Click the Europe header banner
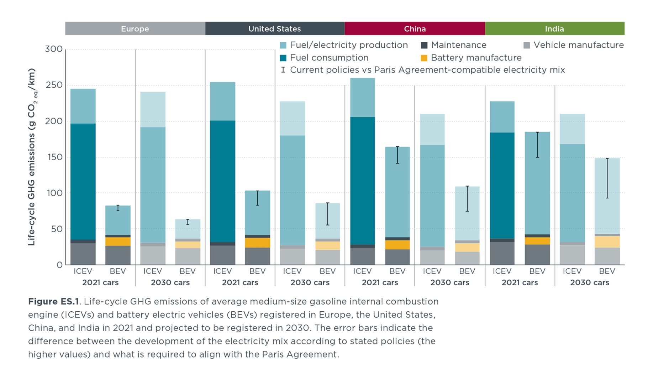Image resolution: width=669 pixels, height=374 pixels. click(x=135, y=28)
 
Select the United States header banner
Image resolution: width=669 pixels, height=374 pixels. click(x=275, y=28)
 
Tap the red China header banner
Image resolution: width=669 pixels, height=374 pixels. click(x=415, y=28)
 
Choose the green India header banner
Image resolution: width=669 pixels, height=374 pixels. click(x=555, y=28)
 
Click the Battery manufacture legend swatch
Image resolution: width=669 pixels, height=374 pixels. click(x=424, y=58)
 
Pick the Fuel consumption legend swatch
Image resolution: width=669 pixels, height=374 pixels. click(x=283, y=58)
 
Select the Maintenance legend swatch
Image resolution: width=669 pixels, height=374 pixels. click(x=424, y=45)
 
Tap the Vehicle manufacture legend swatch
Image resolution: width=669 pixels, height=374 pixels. click(x=527, y=45)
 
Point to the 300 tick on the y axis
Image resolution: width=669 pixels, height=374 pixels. click(x=54, y=49)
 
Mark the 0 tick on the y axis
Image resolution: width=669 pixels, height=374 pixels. click(x=59, y=265)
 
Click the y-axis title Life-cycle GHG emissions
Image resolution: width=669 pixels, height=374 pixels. click(x=32, y=157)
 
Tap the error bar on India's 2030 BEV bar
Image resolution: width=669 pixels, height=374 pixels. click(x=607, y=178)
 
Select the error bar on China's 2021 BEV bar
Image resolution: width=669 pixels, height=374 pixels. click(x=397, y=155)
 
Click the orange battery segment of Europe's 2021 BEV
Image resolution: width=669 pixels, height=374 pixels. click(x=118, y=241)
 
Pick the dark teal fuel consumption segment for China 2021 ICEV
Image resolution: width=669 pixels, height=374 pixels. click(x=362, y=181)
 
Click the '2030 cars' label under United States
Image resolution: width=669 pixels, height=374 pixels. click(x=310, y=282)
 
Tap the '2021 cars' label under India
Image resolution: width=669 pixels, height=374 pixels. click(x=520, y=282)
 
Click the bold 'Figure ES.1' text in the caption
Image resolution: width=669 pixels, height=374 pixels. click(x=53, y=302)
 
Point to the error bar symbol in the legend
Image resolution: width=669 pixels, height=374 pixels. click(x=283, y=70)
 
